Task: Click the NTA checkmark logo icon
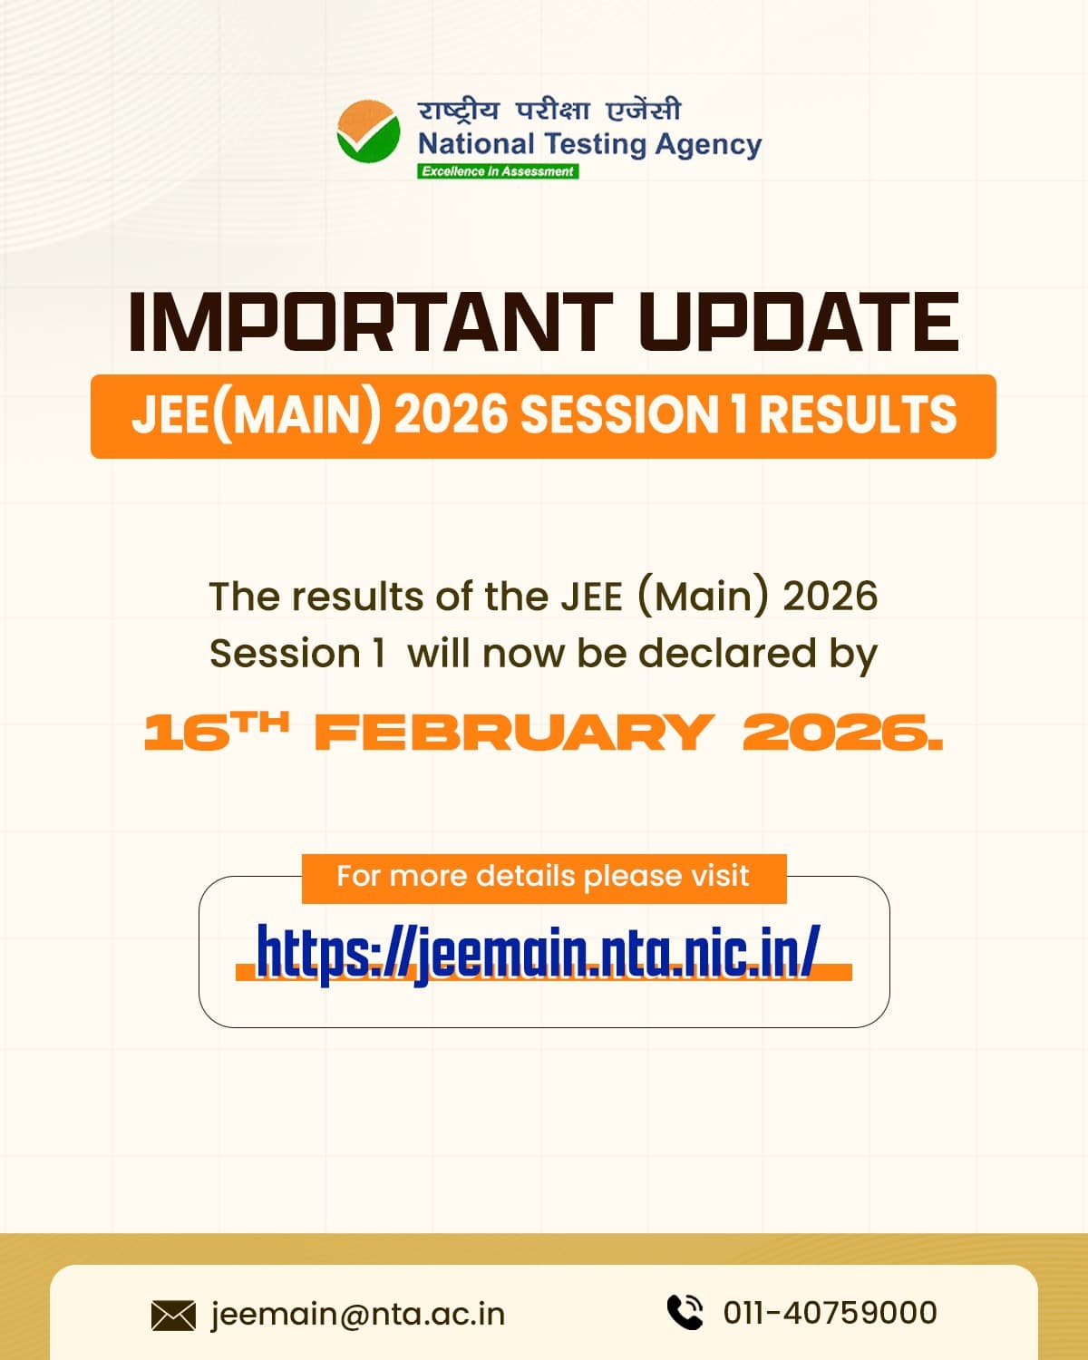[x=368, y=132]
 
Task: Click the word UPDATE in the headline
[x=799, y=322]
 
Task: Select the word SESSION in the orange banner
[x=619, y=415]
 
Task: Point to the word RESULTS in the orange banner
[x=857, y=415]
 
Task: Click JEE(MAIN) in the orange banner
[x=256, y=415]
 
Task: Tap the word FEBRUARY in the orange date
[x=513, y=732]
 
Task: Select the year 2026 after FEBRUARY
[x=841, y=732]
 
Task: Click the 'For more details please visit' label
[x=542, y=877]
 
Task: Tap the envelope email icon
[x=173, y=1315]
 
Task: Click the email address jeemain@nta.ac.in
[x=357, y=1314]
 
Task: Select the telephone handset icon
[x=685, y=1312]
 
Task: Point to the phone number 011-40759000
[x=830, y=1313]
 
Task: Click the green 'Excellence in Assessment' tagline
[x=498, y=171]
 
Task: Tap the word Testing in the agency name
[x=595, y=144]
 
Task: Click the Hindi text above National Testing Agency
[x=549, y=110]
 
